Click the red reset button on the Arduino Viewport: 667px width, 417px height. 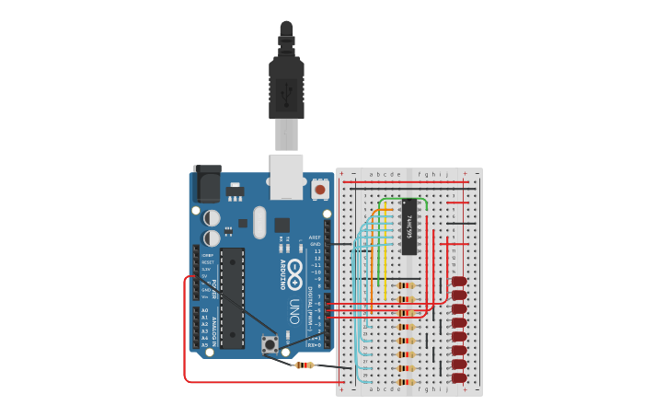[x=320, y=189]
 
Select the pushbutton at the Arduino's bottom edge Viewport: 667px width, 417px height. [x=270, y=345]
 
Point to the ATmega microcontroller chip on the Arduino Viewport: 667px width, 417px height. [x=232, y=297]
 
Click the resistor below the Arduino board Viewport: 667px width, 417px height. [x=304, y=365]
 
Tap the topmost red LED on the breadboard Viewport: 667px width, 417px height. [x=459, y=282]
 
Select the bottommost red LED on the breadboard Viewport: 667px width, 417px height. [x=459, y=377]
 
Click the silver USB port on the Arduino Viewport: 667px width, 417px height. [x=286, y=177]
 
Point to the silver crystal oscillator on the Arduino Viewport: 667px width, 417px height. [x=259, y=222]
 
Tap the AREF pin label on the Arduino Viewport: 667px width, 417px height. [x=316, y=237]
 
